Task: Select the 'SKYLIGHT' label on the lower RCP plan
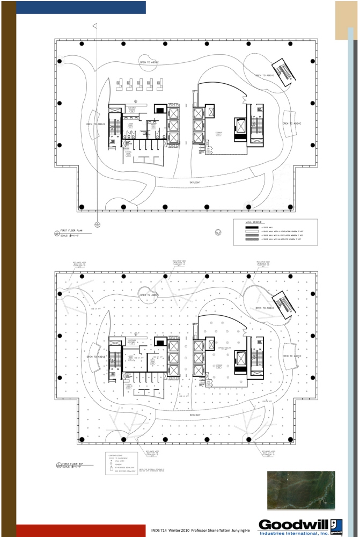pyautogui.click(x=195, y=415)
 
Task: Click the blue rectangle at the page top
pyautogui.click(x=80, y=7)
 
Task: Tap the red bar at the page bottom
pyautogui.click(x=80, y=531)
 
